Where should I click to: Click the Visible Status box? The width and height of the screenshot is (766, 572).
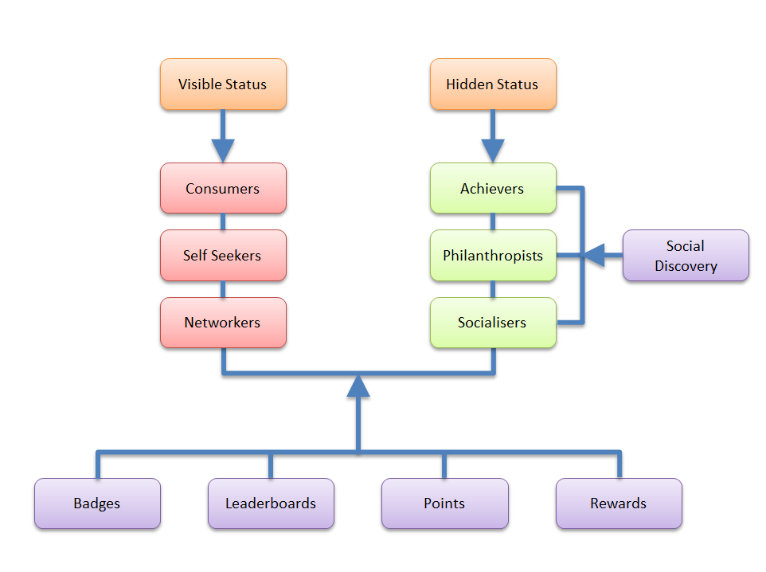[x=223, y=84]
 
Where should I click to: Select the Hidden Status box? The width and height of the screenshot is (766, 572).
[x=493, y=84]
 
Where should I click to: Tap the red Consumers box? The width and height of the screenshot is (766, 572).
[x=223, y=189]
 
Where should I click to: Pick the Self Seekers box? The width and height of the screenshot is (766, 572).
[x=223, y=256]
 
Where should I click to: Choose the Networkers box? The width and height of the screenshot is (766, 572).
[x=223, y=323]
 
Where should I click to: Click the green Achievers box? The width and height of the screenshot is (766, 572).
[x=493, y=189]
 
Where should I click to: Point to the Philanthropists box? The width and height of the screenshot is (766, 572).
[x=493, y=256]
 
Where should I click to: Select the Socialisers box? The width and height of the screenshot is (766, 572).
[x=493, y=323]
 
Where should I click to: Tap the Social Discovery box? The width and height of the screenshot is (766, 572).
[x=686, y=256]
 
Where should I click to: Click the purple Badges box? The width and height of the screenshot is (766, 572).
[x=97, y=503]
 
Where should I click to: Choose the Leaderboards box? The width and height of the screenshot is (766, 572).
[x=271, y=503]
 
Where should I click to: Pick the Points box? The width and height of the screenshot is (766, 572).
[x=444, y=503]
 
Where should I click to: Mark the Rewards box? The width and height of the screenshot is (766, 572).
[x=619, y=503]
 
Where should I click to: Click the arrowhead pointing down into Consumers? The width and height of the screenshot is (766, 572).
[x=223, y=150]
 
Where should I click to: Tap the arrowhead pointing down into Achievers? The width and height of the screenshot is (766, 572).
[x=493, y=150]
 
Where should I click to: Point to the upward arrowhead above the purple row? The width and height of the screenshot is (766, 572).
[x=358, y=386]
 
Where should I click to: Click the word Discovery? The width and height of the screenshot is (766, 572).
[x=686, y=266]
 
